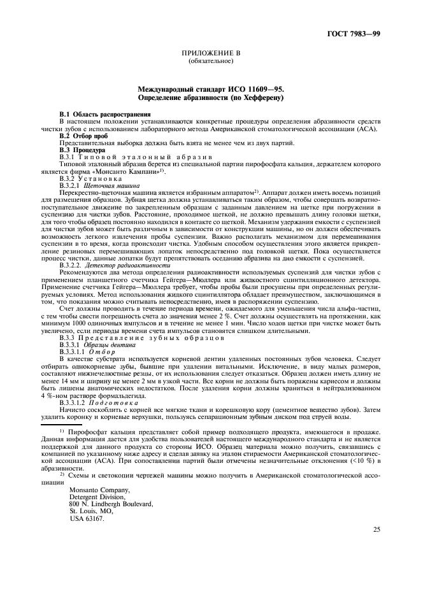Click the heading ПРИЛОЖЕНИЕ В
click(210, 55)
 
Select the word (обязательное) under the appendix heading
click(210, 62)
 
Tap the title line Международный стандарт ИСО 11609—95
click(210, 91)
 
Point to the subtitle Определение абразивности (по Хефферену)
click(210, 99)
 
